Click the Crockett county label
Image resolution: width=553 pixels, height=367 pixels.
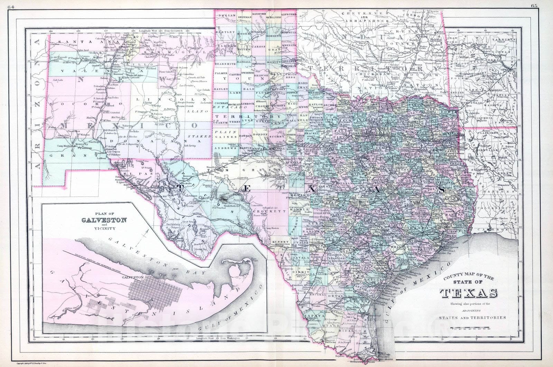click(276, 210)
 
